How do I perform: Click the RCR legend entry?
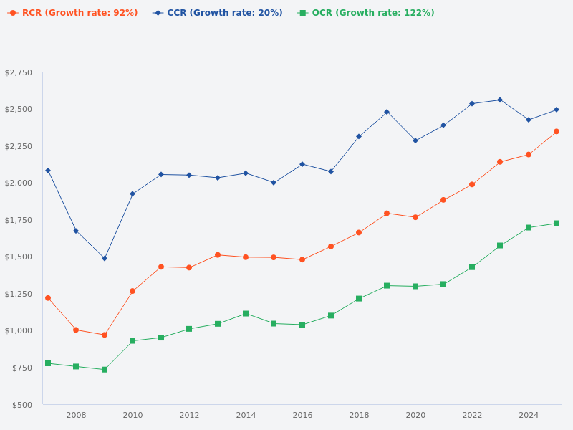coord(73,13)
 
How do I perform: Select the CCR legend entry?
coord(218,13)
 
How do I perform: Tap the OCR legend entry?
coord(367,13)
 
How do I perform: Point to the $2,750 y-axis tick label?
coord(19,73)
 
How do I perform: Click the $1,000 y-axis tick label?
coord(19,330)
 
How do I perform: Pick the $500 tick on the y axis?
coord(21,405)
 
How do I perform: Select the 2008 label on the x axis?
coord(76,415)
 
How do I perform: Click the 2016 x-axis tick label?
coord(302,415)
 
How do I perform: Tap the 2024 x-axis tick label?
coord(529,415)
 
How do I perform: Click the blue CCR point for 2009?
coord(105,258)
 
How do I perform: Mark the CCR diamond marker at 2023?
coord(500,100)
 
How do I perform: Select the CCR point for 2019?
coord(387,112)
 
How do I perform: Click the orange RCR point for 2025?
coord(557,131)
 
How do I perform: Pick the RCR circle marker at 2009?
coord(105,335)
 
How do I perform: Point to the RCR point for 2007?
coord(48,298)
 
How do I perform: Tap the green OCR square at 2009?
coord(105,370)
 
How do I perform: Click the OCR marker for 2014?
coord(246,313)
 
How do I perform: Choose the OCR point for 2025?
coord(557,223)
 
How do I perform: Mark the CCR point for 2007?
coord(48,171)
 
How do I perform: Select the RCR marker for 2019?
coord(387,213)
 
